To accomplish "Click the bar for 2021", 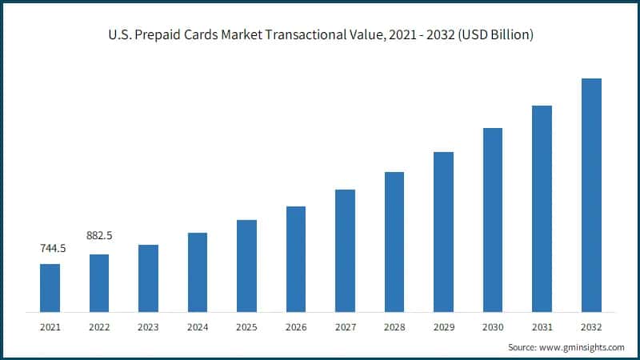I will click(x=50, y=287).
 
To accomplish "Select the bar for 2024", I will click(x=198, y=272).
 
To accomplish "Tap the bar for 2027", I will click(x=345, y=250).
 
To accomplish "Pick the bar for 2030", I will click(x=493, y=219).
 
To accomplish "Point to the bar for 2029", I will click(x=443, y=231).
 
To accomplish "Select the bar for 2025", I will click(x=246, y=265).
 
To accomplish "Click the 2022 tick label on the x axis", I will click(x=99, y=326).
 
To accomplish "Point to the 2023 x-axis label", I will click(x=148, y=326).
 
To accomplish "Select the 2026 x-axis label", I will click(x=296, y=326).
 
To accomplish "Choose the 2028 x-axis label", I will click(x=394, y=326).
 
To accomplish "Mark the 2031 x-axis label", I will click(x=542, y=326).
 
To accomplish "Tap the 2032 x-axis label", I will click(x=591, y=326).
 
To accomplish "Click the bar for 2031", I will click(x=542, y=208).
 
